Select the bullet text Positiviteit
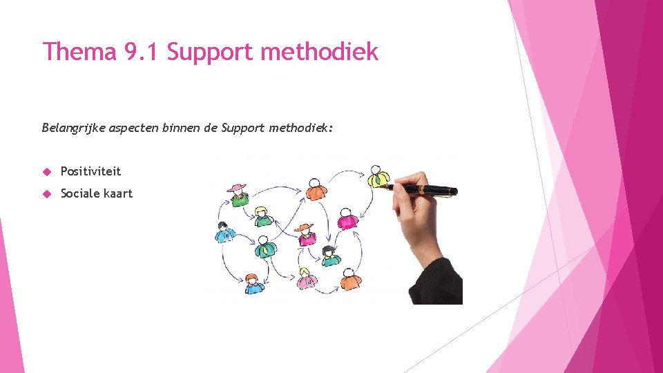coord(90,171)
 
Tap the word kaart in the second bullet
coord(117,193)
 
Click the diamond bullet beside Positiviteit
coord(47,171)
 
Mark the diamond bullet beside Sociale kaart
coord(47,194)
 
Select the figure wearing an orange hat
coord(306,233)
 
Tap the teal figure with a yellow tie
coord(263,246)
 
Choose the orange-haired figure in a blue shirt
coord(254,283)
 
